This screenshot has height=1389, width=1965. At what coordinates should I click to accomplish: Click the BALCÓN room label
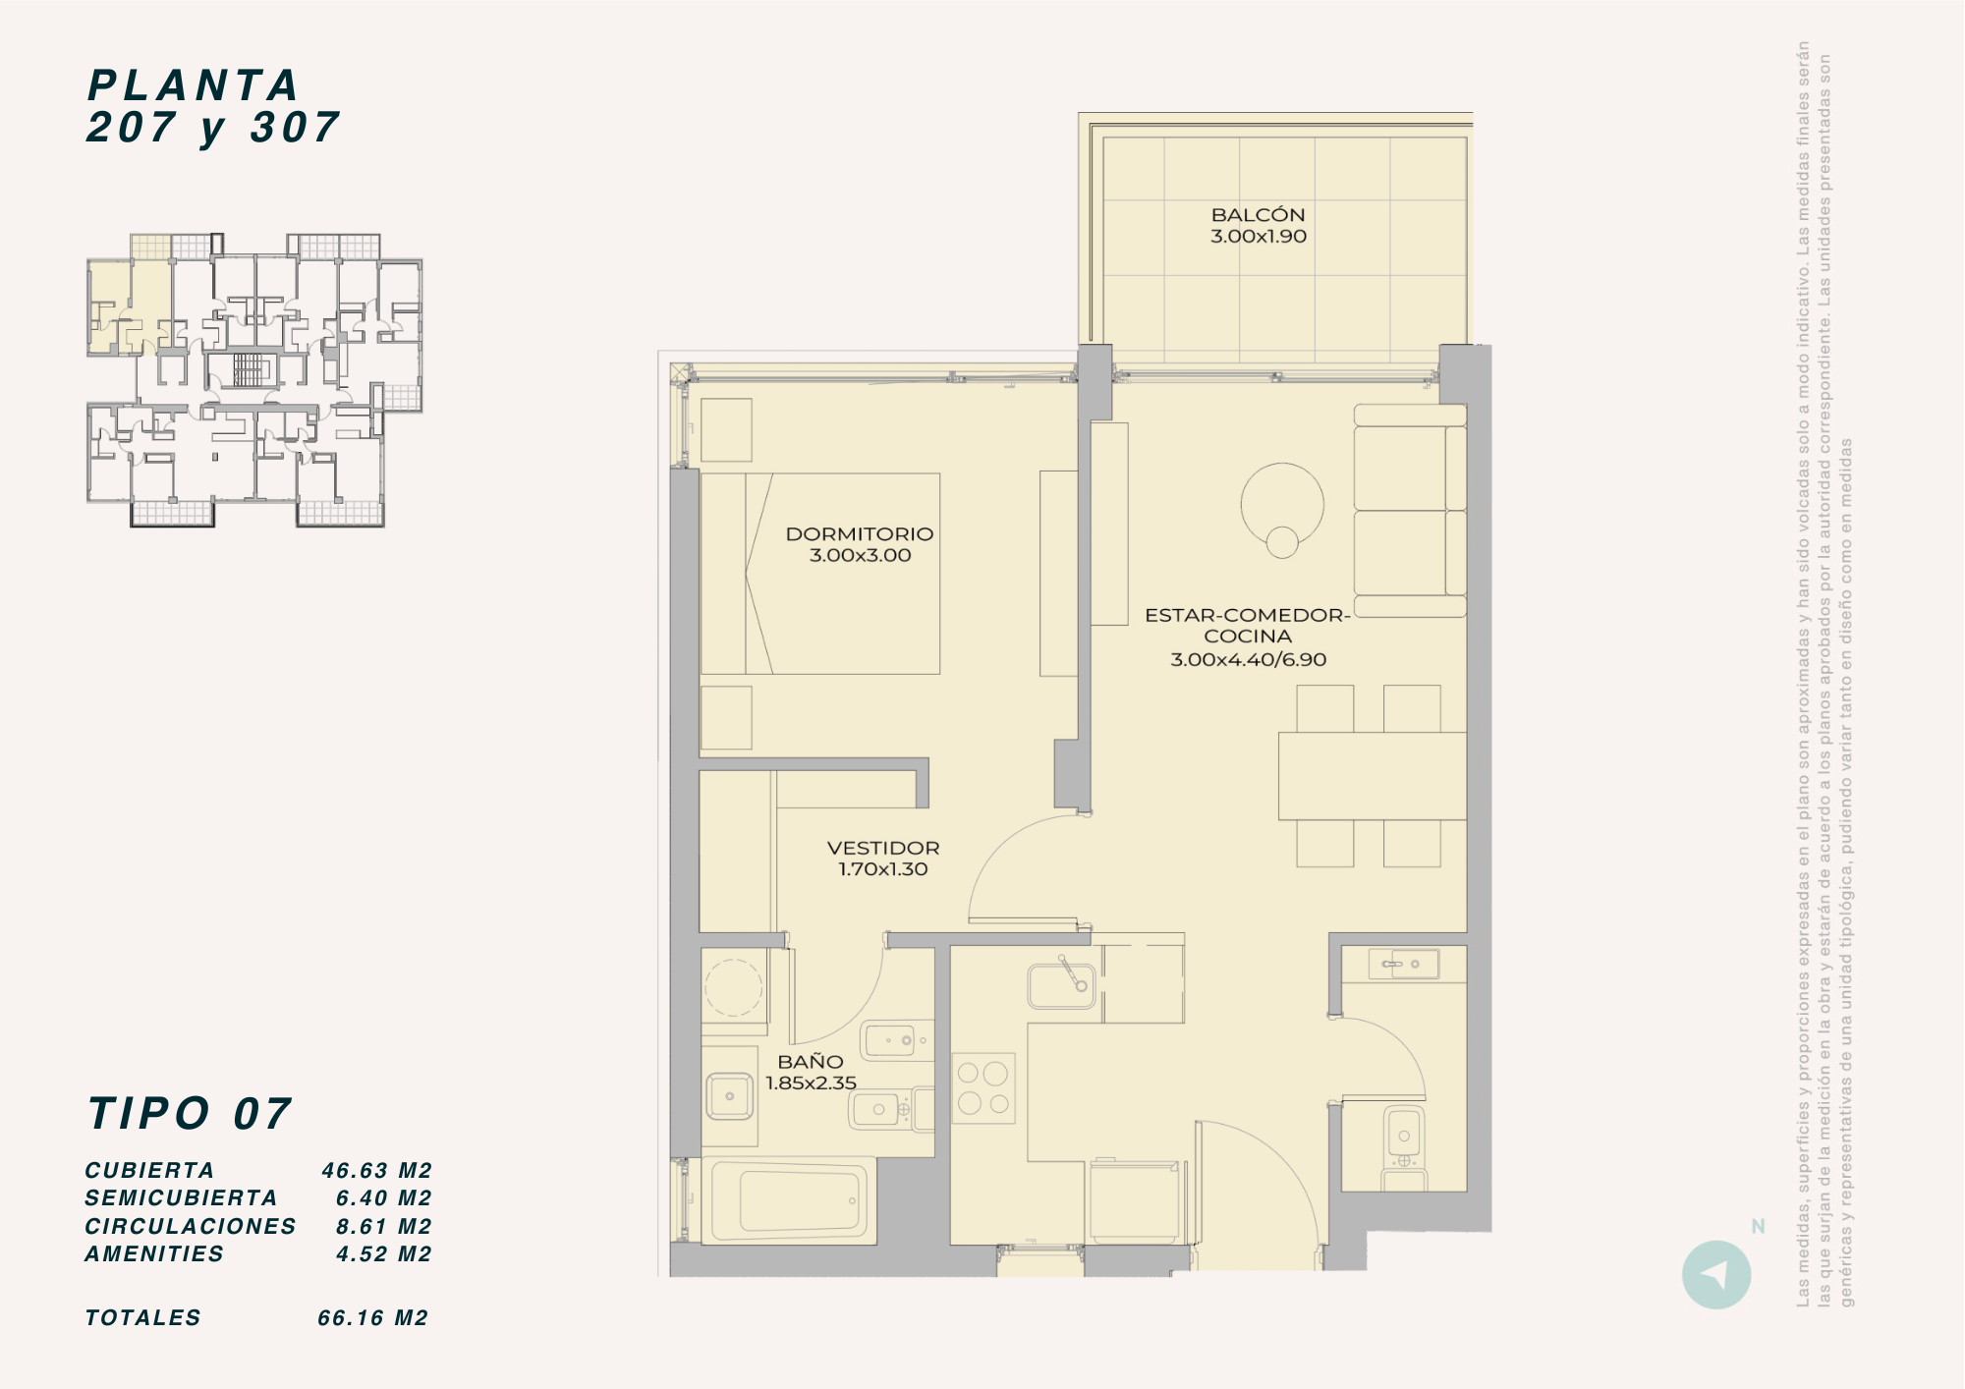[1258, 214]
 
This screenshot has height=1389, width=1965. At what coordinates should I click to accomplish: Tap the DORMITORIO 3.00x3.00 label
[860, 544]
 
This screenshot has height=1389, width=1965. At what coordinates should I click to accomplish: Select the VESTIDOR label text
[883, 848]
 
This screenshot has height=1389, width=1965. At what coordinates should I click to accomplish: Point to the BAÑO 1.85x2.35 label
[811, 1072]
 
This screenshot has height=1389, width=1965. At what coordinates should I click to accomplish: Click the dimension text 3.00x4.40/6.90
[1248, 659]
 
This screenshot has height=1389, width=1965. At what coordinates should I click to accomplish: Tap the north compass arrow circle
[1716, 1275]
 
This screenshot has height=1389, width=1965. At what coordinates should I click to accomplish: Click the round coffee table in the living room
[1282, 504]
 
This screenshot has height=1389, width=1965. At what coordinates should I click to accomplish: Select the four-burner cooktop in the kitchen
[983, 1088]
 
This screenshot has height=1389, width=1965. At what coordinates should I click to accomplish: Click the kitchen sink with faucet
[1061, 984]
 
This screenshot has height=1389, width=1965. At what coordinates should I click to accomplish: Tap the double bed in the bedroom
[820, 574]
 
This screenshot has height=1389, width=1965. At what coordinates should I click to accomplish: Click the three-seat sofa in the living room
[1410, 510]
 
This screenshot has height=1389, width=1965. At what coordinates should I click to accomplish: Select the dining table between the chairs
[1373, 776]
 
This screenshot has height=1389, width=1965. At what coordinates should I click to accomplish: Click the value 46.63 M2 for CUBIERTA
[377, 1170]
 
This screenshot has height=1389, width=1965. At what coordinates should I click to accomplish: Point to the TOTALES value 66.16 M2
[373, 1317]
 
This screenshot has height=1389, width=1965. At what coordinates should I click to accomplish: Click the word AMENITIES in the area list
[154, 1253]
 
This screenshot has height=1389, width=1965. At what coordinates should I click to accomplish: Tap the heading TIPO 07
[190, 1114]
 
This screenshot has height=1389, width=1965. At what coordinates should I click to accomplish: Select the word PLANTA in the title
[194, 85]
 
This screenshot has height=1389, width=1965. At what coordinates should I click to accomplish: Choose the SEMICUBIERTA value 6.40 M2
[384, 1197]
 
